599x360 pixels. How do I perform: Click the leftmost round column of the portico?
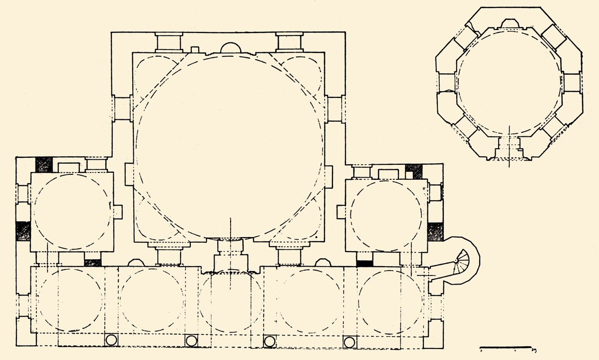111,341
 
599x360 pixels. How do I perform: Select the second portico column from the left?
191,341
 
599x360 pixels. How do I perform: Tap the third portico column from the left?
270,341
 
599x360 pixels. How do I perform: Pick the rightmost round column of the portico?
350,342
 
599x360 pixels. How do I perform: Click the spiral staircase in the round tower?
463,261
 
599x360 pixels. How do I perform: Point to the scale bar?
506,347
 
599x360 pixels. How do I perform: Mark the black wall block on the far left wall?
23,231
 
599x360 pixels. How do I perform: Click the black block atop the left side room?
44,164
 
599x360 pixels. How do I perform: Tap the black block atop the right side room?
414,171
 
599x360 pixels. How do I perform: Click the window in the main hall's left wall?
121,108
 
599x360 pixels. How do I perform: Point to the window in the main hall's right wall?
335,108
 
